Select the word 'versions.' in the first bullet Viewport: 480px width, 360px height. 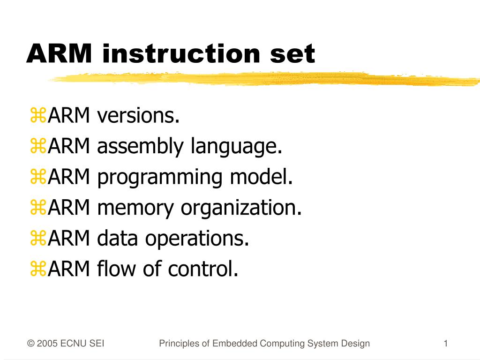[x=138, y=116]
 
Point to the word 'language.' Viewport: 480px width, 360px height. [x=236, y=147]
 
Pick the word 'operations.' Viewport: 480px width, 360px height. [x=197, y=239]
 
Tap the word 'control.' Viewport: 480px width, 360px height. [x=203, y=269]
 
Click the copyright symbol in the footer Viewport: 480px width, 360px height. [x=30, y=344]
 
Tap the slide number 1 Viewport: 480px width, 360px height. [x=446, y=344]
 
